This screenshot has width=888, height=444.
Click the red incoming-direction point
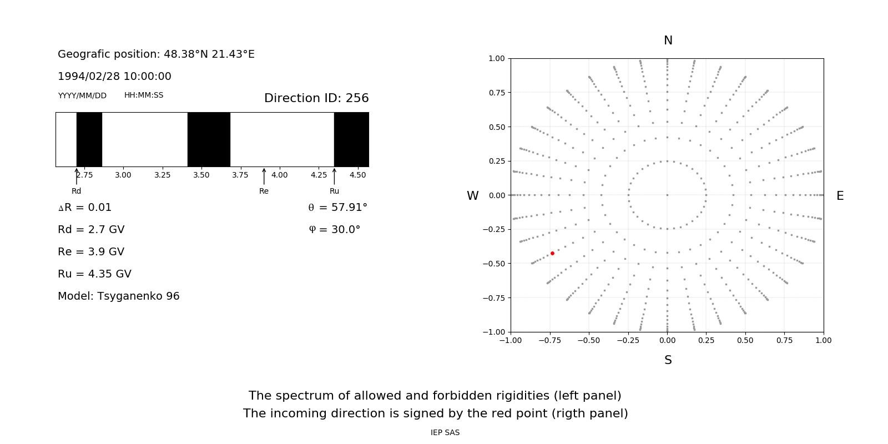pos(552,253)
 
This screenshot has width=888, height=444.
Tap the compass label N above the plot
pos(668,41)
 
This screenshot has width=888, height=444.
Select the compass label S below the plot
pos(668,360)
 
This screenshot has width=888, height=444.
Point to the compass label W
pos(472,196)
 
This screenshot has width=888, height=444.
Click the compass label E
pos(840,196)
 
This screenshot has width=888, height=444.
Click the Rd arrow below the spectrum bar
pos(77,176)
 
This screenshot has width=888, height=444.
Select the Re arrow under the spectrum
pos(264,176)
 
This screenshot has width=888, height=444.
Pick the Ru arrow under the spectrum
pos(334,176)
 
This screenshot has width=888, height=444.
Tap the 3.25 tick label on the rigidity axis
pos(162,175)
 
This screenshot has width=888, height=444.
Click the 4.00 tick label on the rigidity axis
pos(279,175)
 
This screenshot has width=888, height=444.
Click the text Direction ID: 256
pos(316,98)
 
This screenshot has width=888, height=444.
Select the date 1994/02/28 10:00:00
pos(114,76)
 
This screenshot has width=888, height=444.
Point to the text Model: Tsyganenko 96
pos(119,296)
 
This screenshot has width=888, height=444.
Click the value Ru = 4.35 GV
pos(94,274)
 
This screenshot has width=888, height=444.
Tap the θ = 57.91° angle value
pos(337,208)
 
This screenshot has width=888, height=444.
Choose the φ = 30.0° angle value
pos(335,229)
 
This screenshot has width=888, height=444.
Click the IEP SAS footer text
pos(445,432)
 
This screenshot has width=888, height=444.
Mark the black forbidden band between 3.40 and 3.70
pos(209,139)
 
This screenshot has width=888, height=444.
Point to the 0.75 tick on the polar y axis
pos(497,93)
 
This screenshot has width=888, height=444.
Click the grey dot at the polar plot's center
pos(667,195)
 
